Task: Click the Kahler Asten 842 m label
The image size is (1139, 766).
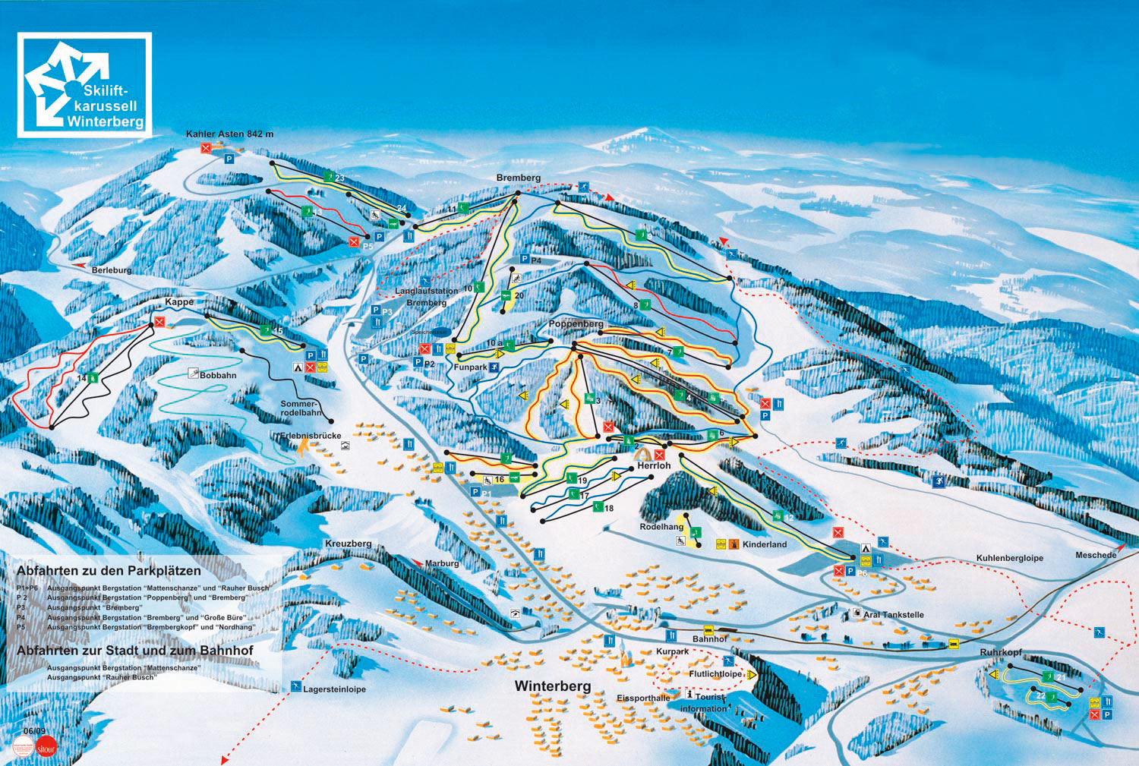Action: (229, 134)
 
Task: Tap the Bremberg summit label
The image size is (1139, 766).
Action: (519, 178)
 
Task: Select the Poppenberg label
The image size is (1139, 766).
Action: (576, 324)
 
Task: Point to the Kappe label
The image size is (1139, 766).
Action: (179, 302)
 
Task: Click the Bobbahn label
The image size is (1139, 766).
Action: (218, 375)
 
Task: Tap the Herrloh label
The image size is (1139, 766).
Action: (654, 465)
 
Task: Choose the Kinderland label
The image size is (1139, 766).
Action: (765, 544)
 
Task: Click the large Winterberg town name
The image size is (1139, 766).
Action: (552, 686)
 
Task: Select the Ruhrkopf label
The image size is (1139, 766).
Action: (1001, 652)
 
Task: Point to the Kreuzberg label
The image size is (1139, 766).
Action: (348, 544)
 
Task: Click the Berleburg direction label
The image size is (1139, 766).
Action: (112, 270)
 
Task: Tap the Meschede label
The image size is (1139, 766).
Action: (1096, 555)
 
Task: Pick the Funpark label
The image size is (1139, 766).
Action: (470, 367)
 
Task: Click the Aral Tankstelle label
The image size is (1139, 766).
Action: (893, 614)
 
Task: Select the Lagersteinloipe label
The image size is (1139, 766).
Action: (334, 689)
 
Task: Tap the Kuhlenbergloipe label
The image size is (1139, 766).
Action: (1009, 558)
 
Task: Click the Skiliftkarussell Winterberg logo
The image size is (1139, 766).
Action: (84, 84)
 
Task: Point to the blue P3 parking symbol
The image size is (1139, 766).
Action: (375, 310)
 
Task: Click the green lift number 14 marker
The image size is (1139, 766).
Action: (92, 377)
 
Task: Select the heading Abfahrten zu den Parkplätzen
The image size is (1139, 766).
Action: (109, 570)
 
